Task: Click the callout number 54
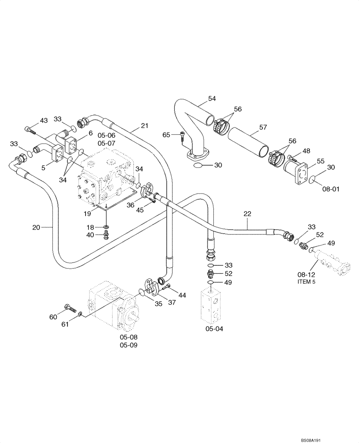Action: (211, 98)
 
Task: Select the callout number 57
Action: (263, 128)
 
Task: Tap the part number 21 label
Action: (144, 126)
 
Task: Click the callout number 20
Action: (36, 227)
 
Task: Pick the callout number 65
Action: (166, 134)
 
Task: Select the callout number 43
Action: (43, 120)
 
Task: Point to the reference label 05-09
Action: (128, 345)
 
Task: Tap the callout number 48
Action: (306, 151)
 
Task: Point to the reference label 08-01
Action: (331, 189)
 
